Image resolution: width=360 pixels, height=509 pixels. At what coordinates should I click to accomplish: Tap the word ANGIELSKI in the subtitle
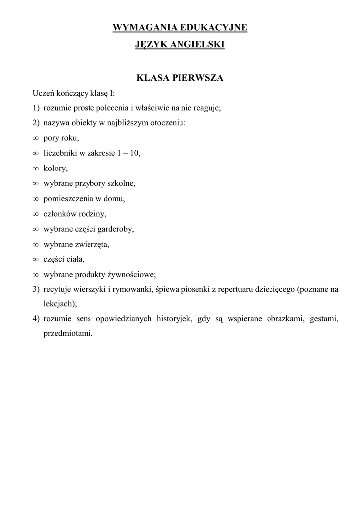pos(197,45)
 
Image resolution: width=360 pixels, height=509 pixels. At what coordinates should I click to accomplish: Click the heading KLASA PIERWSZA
pos(180,78)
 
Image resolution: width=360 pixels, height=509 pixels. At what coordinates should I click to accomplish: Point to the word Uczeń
pos(44,93)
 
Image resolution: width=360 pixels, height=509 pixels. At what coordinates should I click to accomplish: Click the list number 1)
pos(36,108)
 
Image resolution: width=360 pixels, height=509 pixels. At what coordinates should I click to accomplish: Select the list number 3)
pos(36,289)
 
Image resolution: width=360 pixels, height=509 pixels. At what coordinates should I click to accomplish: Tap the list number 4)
pos(36,318)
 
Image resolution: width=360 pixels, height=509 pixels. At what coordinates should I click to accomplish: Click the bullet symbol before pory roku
pos(36,138)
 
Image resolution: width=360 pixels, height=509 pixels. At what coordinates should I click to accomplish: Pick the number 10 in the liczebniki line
pos(135,153)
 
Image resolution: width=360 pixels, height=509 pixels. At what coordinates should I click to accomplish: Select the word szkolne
pos(121,183)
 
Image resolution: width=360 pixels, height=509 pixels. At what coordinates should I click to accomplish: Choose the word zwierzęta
pos(93,244)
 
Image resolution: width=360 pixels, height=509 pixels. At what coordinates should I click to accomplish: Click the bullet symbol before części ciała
pos(36,259)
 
